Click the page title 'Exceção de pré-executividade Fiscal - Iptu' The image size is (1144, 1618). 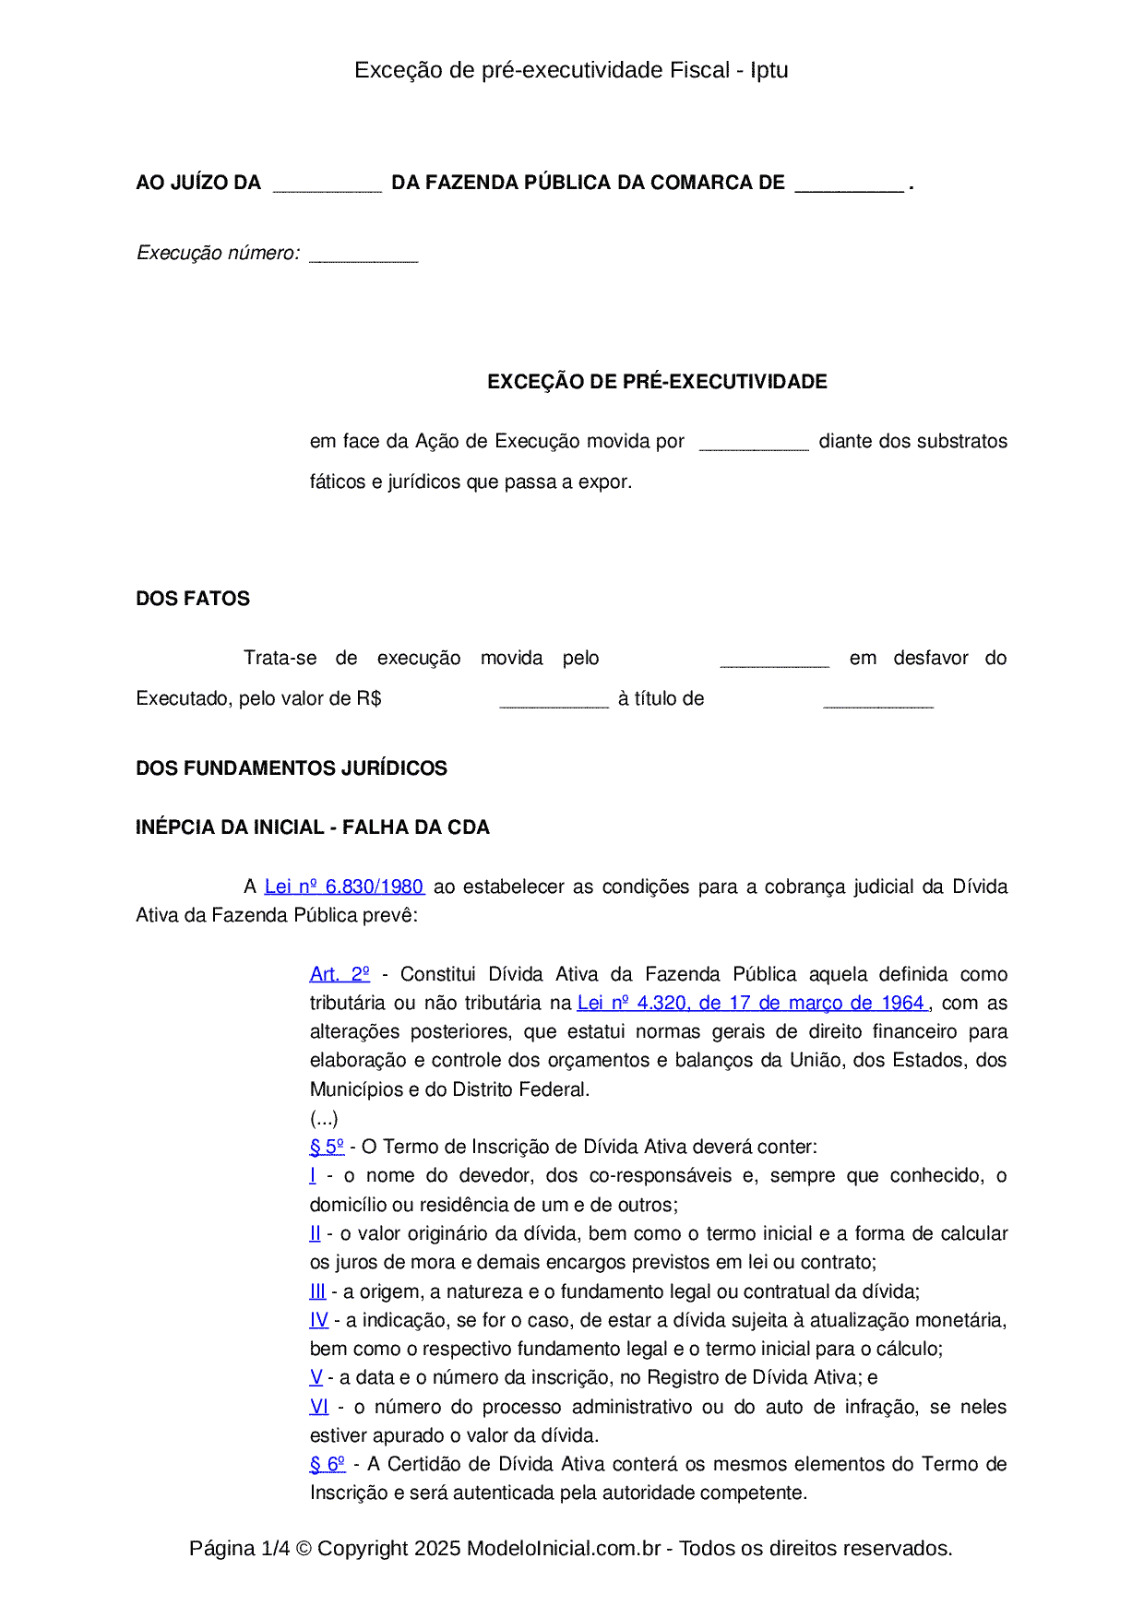pos(571,70)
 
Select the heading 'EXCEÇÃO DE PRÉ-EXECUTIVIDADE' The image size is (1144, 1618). pos(657,382)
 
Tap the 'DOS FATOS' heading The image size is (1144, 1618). pos(193,599)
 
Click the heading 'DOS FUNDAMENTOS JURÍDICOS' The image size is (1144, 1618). pos(292,768)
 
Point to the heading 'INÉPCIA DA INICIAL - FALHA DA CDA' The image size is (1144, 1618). pos(313,827)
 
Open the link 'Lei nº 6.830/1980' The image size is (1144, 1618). pos(344,886)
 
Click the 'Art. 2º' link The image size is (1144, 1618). pos(340,974)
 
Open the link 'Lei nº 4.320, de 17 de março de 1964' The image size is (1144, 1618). pos(752,1003)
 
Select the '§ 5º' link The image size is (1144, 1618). pos(327,1147)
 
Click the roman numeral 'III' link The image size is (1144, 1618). pos(317,1291)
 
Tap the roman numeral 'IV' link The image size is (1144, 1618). pos(319,1320)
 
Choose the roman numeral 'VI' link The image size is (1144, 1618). pos(319,1407)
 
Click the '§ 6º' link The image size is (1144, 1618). pos(328,1464)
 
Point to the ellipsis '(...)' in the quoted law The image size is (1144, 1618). pos(324,1118)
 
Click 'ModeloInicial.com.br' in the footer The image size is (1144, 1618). pos(564,1548)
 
